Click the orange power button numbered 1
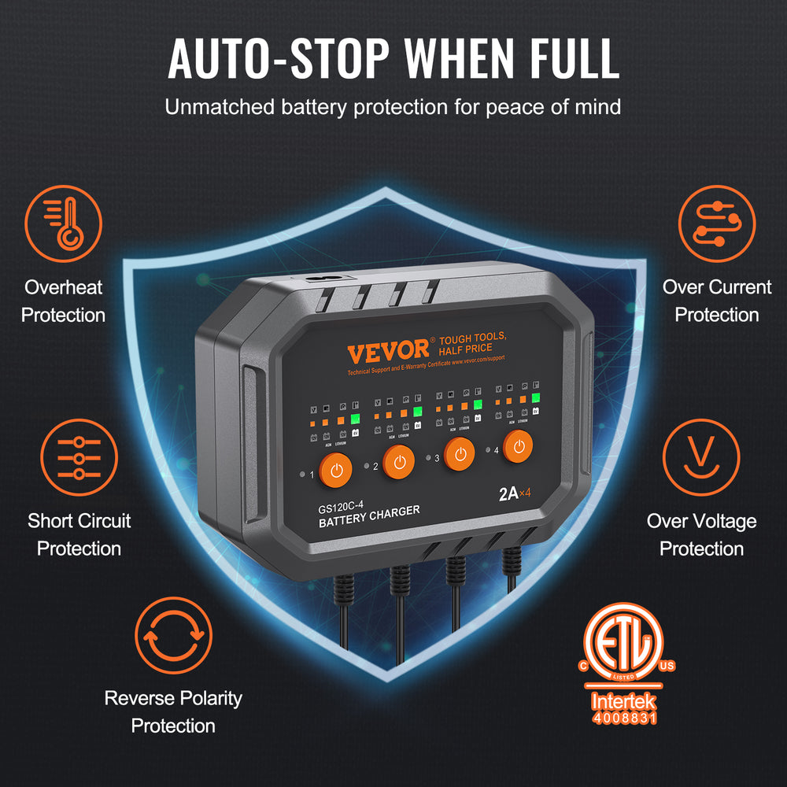(337, 471)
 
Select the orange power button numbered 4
(519, 448)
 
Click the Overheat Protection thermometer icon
(63, 224)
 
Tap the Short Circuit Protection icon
(79, 459)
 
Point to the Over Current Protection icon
(717, 224)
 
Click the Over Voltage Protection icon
(701, 459)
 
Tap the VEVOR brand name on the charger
(389, 350)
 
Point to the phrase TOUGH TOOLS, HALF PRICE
(472, 342)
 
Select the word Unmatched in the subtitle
(218, 106)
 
